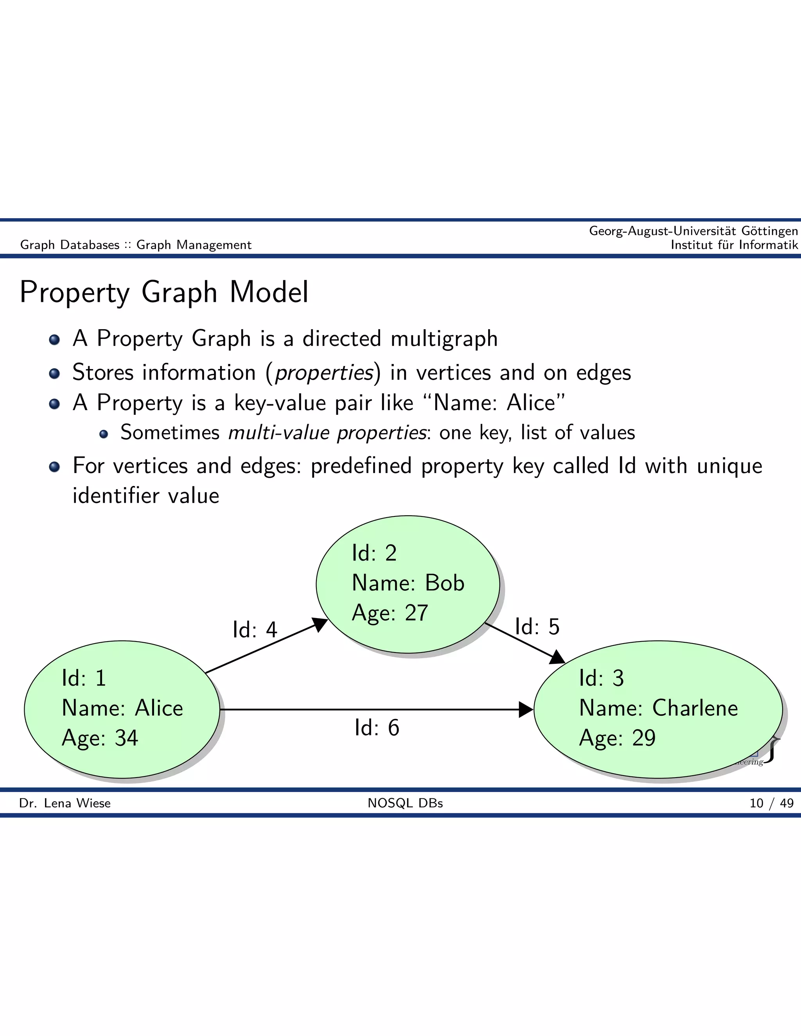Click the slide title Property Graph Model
(x=164, y=292)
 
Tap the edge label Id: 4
(x=255, y=629)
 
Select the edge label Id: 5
(x=537, y=627)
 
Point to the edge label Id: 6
(x=377, y=728)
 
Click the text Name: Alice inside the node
(x=122, y=708)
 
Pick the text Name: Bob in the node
(x=408, y=583)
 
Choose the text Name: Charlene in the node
(x=659, y=708)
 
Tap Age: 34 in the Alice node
(x=100, y=738)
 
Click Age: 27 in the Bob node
(x=390, y=613)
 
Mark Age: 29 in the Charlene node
(x=617, y=738)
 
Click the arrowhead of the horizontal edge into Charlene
(x=526, y=710)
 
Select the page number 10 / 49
(x=772, y=803)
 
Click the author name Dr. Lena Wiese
(x=65, y=803)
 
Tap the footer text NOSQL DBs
(x=405, y=803)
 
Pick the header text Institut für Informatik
(x=734, y=245)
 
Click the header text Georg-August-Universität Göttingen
(x=693, y=231)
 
